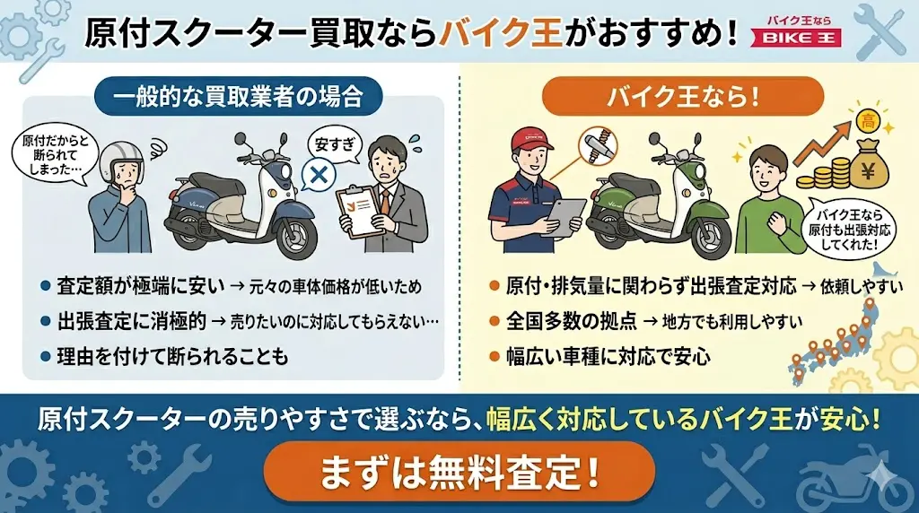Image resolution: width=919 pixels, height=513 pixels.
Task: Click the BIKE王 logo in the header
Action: point(797,31)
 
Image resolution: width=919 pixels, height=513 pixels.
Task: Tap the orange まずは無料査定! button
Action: point(459,472)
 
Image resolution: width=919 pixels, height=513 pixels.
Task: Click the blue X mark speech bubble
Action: point(319,175)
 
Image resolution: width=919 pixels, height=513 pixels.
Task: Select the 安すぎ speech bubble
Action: point(335,144)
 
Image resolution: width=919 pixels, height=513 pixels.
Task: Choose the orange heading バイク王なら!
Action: point(683,95)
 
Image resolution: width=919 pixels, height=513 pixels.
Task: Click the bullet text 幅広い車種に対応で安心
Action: point(609,356)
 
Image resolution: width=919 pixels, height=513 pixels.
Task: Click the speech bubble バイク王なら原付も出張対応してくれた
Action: point(849,230)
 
